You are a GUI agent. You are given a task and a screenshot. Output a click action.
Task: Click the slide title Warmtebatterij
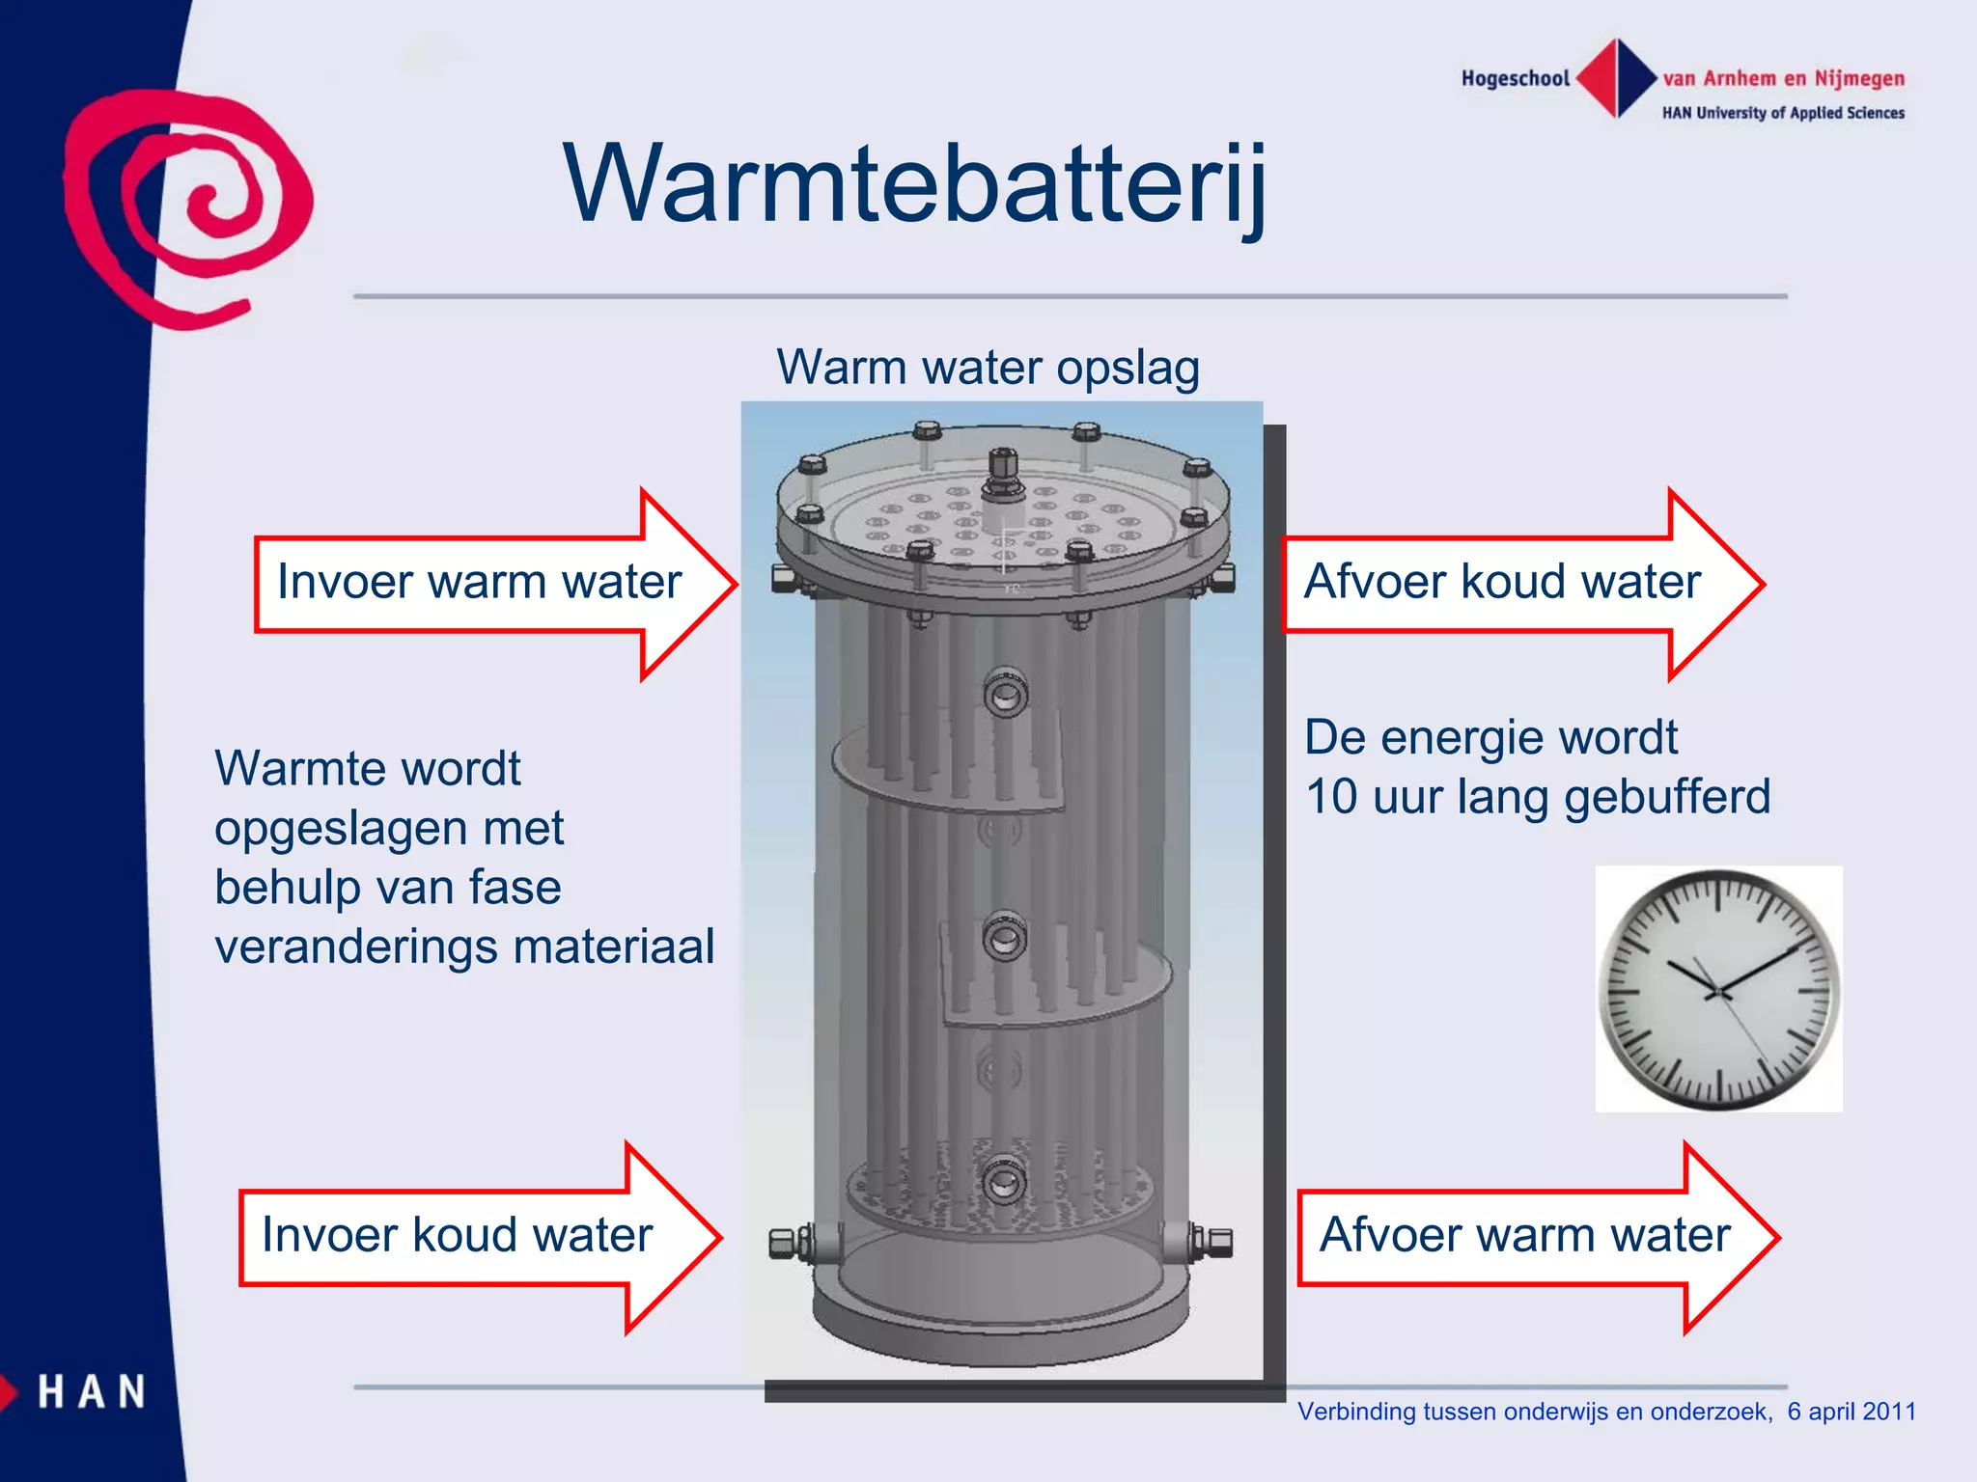915,183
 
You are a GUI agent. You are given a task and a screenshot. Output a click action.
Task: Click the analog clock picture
1718,989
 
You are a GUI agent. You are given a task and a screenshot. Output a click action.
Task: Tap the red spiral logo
188,207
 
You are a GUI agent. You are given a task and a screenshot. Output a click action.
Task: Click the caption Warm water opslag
988,368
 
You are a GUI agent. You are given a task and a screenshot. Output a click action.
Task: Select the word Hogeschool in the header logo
1515,79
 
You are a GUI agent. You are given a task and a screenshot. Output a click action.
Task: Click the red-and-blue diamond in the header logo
1617,78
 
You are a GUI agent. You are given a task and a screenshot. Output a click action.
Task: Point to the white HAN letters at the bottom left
92,1392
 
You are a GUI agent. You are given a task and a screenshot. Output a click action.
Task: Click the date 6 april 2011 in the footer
1852,1412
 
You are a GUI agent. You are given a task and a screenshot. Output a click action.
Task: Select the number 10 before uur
1331,798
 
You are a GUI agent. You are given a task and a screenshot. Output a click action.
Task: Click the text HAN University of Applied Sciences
1783,113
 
